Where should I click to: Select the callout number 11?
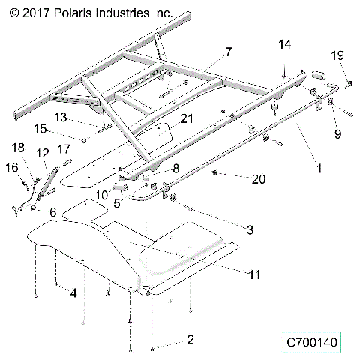(254, 275)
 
